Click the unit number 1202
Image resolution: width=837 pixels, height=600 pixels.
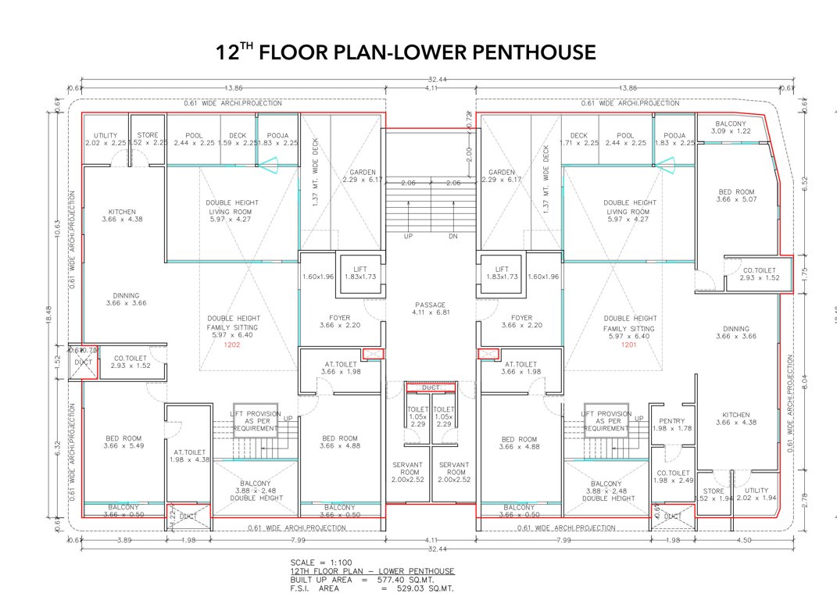[x=232, y=345]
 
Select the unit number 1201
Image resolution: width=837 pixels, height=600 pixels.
[x=630, y=345]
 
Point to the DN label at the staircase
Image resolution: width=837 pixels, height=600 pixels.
[x=453, y=236]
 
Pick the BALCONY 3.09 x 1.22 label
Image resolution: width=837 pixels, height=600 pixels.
[x=730, y=127]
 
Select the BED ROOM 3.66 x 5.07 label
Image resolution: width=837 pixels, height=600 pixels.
[x=736, y=196]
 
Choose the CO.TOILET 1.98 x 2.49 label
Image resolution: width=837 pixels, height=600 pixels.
[x=672, y=477]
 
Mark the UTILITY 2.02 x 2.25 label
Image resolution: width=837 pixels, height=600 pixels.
[x=106, y=139]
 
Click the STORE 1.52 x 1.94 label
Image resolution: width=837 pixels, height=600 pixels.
[x=714, y=495]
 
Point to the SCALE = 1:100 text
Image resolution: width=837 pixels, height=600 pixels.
[x=320, y=562]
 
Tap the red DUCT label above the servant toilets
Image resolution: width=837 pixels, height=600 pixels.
[x=431, y=387]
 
